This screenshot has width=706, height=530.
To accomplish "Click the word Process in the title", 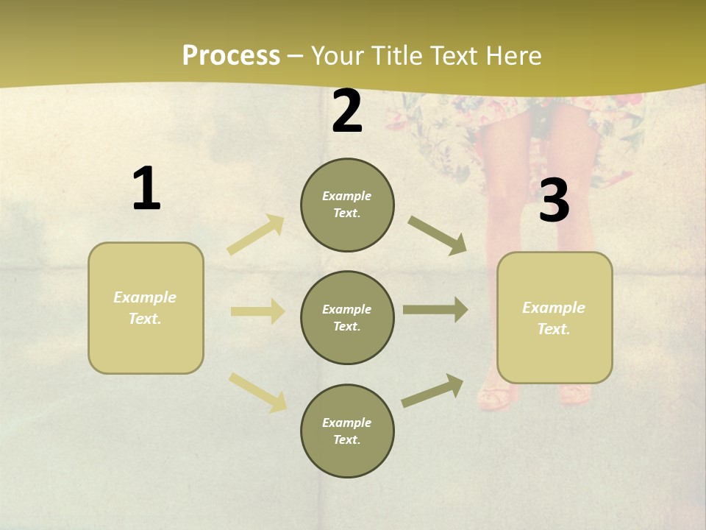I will click(231, 56).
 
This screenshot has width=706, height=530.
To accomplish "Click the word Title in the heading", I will click(396, 56).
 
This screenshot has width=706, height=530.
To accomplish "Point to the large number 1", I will click(146, 189).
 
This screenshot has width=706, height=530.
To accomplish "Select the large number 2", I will click(347, 111).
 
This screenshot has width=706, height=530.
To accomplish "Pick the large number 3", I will click(554, 201).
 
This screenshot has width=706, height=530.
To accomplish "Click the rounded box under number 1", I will click(146, 308).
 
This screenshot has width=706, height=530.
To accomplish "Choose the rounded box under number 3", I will click(555, 318).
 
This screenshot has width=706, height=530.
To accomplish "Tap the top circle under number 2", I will click(347, 205).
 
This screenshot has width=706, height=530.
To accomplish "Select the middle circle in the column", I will click(347, 318).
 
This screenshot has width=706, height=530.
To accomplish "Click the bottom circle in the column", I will click(347, 431).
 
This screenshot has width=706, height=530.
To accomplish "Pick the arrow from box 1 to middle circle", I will click(257, 311).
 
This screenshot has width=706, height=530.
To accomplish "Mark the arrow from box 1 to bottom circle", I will click(258, 392).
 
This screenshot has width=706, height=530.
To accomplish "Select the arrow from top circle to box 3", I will click(438, 236).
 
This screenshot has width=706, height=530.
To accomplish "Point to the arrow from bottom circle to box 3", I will click(433, 390).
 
